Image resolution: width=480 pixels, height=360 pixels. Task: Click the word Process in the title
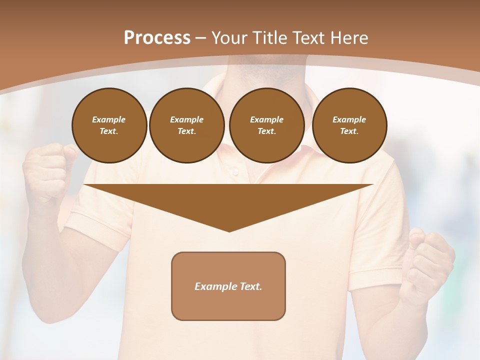tap(157, 38)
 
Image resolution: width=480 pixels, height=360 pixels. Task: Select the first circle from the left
tap(109, 125)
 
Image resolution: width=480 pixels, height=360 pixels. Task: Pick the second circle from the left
tap(186, 125)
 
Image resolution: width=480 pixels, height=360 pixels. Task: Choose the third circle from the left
tap(266, 125)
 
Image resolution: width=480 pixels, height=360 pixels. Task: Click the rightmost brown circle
tap(349, 125)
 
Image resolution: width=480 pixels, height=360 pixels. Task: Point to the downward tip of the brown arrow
tap(229, 231)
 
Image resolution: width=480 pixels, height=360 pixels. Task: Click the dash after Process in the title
tap(200, 38)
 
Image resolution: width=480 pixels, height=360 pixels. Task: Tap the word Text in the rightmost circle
tap(349, 131)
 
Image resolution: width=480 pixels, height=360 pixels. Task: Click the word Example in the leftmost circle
tap(109, 119)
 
